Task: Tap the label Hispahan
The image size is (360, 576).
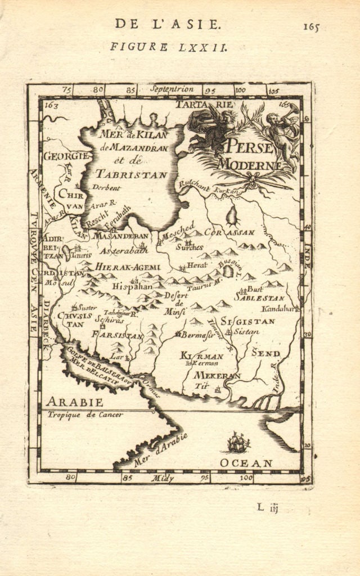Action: point(132,286)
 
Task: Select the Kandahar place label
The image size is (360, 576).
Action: point(280,309)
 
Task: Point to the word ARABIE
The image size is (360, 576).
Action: point(74,402)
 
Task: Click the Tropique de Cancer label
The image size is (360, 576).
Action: point(85,415)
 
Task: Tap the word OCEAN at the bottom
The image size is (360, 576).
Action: point(246,463)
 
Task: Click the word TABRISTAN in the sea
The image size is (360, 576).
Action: point(131,174)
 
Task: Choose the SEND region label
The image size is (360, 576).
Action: point(265,353)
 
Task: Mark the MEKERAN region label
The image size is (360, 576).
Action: point(217,375)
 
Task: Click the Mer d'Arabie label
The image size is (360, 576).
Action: point(161,450)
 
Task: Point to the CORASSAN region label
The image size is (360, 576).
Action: point(229,232)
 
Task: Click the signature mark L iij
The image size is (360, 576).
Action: point(268,508)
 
